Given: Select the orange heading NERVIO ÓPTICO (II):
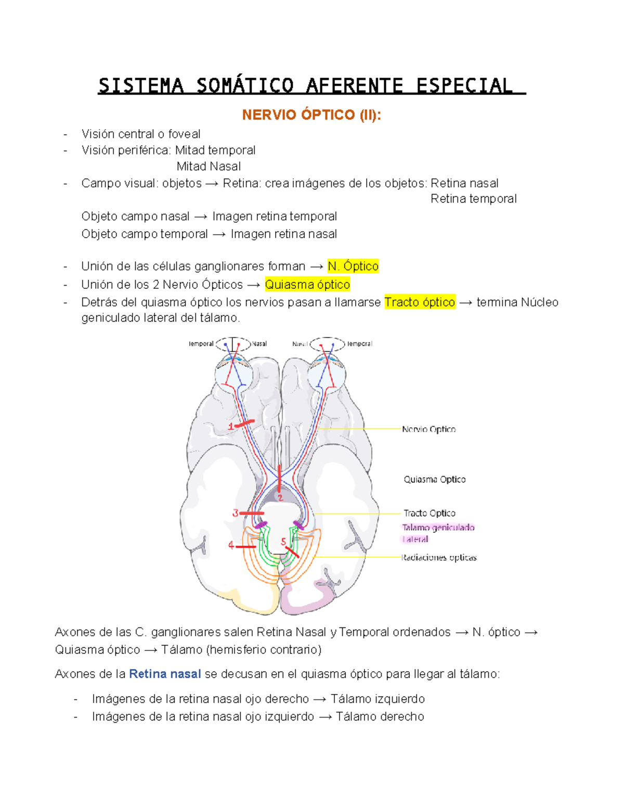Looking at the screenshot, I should tap(311, 115).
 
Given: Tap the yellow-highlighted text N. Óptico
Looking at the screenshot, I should tap(353, 266).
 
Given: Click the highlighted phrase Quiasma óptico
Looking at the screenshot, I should tap(307, 285).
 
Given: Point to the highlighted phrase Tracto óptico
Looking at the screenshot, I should tap(420, 302).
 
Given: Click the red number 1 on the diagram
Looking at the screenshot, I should tap(231, 427).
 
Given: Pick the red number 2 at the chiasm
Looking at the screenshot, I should tap(280, 498).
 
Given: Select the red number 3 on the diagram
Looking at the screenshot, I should tap(235, 513).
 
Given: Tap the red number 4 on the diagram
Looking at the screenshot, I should tap(231, 545).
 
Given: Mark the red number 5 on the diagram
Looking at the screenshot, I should tap(283, 542).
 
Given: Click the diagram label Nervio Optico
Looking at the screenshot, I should tap(429, 429).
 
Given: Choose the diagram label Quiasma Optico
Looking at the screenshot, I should tap(435, 479).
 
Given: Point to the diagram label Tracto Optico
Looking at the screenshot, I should tap(430, 513).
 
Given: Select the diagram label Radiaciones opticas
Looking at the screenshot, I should tap(439, 558).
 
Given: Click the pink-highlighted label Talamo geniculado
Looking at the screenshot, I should tap(438, 528).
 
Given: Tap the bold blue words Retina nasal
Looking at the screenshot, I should tap(165, 674).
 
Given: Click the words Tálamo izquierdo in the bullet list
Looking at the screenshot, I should tap(378, 699).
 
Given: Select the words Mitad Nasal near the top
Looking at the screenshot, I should tap(209, 166).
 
